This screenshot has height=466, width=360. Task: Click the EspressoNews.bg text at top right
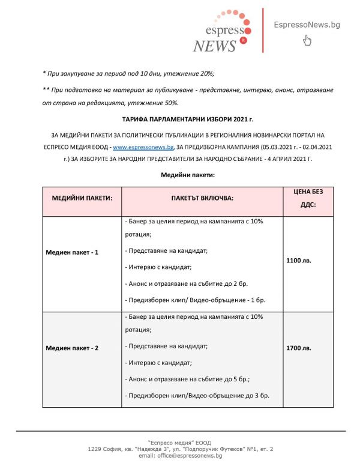(x=307, y=24)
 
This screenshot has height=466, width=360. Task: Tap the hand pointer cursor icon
(x=307, y=40)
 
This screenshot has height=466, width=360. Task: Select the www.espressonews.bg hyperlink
(x=143, y=147)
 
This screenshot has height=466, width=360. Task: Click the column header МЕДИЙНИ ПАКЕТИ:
(x=82, y=197)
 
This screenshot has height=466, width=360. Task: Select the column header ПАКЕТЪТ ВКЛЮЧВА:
(x=202, y=197)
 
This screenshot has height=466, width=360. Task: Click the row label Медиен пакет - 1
(x=72, y=252)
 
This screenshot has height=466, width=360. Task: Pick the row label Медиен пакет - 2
(x=72, y=348)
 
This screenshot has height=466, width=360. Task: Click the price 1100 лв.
(x=299, y=261)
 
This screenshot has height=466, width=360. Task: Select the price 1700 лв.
(x=299, y=348)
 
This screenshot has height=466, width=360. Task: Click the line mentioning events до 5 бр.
(x=190, y=379)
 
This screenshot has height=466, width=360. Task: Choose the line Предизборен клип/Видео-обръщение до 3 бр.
(x=197, y=395)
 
